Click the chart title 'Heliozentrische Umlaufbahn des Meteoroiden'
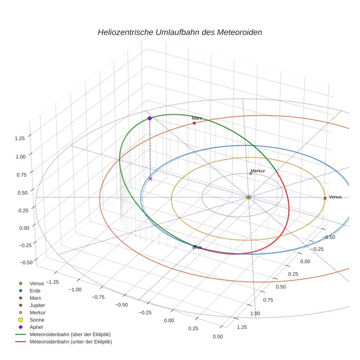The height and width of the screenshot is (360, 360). click(180, 32)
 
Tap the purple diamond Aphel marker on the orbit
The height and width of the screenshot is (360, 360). click(150, 118)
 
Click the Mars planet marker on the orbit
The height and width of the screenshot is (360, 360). click(194, 123)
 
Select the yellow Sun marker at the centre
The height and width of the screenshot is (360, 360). click(248, 197)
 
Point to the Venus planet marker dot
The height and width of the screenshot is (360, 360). click(325, 198)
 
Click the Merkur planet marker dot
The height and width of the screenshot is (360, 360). click(251, 173)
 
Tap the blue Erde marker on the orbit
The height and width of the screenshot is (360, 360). click(195, 247)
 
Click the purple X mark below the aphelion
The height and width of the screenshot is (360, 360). click(150, 179)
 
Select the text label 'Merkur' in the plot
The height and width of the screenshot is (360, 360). click(258, 171)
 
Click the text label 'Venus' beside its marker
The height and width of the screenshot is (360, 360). click(335, 197)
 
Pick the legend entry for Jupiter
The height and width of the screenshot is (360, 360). click(37, 305)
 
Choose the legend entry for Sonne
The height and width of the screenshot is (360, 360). click(37, 320)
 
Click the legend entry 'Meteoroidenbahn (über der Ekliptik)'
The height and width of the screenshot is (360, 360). click(70, 334)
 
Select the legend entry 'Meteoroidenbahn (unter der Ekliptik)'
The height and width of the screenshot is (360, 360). click(71, 342)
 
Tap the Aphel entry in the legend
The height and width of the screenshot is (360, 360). click(36, 327)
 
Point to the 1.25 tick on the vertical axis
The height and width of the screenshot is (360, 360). click(19, 138)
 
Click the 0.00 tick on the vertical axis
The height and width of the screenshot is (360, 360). click(19, 228)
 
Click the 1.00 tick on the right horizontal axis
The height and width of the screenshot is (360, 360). click(255, 314)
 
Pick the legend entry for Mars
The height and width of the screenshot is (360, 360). click(35, 298)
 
